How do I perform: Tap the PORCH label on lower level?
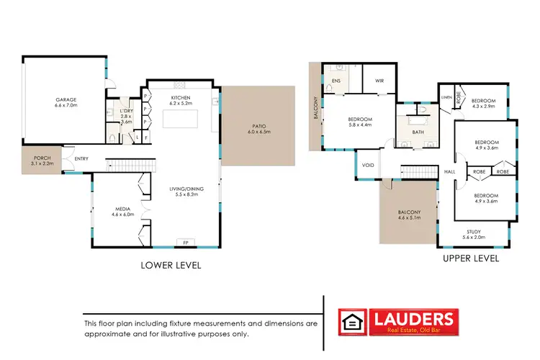(41, 161)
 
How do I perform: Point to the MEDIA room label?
(119, 211)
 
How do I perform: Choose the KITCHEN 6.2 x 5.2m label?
(180, 102)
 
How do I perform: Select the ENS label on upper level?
(336, 81)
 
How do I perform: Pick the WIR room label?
(379, 81)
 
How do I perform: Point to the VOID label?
(368, 166)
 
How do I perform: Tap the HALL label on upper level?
(450, 172)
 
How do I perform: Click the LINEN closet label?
(447, 96)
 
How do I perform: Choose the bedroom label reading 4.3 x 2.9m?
(484, 103)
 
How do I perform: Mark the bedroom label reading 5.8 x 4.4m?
(359, 122)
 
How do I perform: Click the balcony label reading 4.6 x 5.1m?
(409, 215)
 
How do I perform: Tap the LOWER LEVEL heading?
(170, 265)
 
